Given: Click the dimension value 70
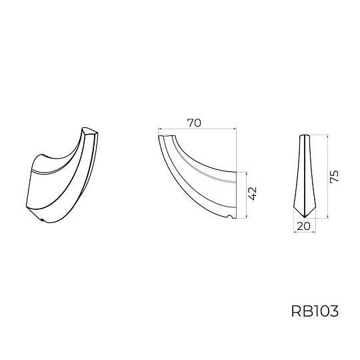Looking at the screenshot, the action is click(x=194, y=123).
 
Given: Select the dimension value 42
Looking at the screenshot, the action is click(x=252, y=193).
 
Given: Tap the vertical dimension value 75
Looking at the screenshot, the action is click(x=334, y=176).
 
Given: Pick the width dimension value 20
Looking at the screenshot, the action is click(x=303, y=227).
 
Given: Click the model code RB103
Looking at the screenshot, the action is click(x=315, y=311).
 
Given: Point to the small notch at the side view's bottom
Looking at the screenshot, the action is click(x=229, y=216).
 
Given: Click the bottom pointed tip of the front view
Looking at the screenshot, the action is click(x=305, y=217).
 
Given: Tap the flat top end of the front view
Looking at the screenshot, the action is click(x=305, y=135).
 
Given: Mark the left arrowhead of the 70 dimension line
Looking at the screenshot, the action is click(x=160, y=129).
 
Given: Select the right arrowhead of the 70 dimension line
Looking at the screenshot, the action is click(x=235, y=129).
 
